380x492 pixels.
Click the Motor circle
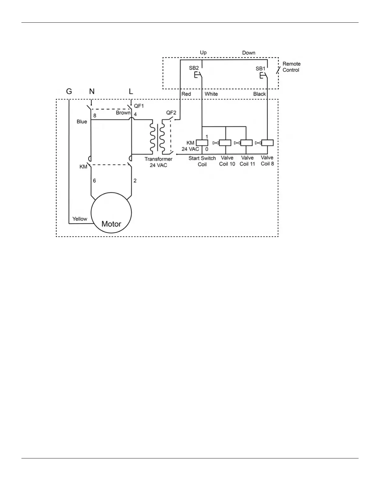(x=111, y=213)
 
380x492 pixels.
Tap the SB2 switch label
(x=194, y=68)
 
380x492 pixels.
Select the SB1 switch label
(x=260, y=68)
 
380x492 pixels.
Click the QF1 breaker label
(x=139, y=106)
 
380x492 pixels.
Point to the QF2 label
(x=171, y=113)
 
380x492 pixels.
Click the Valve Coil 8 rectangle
(x=267, y=143)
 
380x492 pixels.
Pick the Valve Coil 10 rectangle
(x=225, y=143)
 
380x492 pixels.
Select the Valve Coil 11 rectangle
(x=246, y=143)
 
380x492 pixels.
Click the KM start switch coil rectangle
(x=202, y=143)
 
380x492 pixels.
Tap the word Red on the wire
(x=186, y=94)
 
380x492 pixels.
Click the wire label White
(x=211, y=94)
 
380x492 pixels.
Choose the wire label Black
(x=260, y=94)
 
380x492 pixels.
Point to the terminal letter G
(x=69, y=91)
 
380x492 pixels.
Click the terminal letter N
(x=92, y=91)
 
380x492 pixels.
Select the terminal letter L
(x=131, y=91)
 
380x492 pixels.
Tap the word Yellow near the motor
(x=80, y=219)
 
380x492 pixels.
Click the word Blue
(x=82, y=121)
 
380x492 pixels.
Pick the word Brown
(x=123, y=113)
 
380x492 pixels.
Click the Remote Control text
(x=291, y=67)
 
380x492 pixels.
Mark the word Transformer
(x=158, y=159)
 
